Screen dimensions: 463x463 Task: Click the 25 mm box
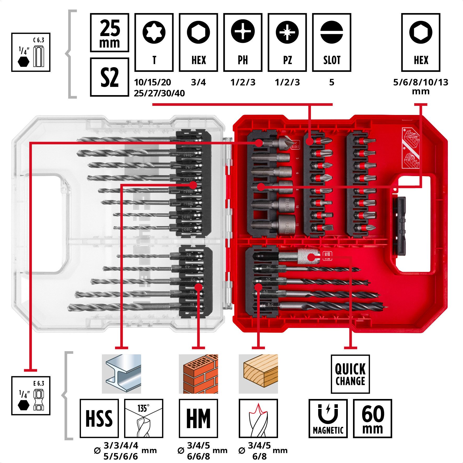109,33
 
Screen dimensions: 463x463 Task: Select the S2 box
109,77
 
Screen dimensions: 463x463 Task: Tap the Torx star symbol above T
154,32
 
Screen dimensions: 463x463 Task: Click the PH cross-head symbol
243,31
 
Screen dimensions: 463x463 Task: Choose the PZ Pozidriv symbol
287,32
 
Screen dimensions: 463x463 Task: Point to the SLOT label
332,60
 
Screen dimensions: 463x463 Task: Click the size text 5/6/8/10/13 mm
420,86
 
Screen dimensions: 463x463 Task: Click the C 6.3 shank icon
31,52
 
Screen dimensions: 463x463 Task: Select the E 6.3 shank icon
31,396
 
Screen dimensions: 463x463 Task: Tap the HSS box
99,418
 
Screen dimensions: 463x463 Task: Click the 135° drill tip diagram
143,418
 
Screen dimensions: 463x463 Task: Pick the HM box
198,418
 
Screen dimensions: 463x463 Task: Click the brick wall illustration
198,374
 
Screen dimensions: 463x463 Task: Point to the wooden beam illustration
258,374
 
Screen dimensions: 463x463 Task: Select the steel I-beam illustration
121,374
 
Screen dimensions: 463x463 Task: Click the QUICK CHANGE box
350,374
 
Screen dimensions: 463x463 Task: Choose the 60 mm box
372,418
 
